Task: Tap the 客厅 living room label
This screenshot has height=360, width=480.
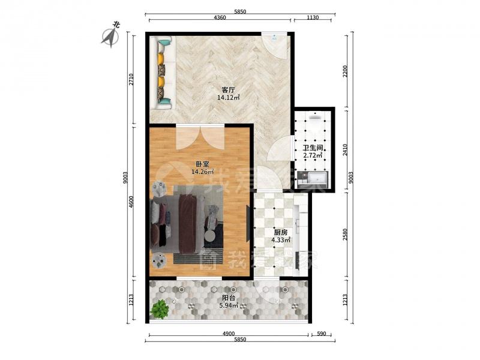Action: coord(228,91)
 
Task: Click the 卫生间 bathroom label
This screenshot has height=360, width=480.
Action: coord(313,148)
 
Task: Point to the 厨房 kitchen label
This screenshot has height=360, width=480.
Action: coord(281,233)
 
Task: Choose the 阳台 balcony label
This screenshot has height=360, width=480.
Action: coord(229,298)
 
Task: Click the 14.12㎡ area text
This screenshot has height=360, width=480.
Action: coord(229,98)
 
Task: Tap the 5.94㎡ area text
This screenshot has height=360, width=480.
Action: coord(229,305)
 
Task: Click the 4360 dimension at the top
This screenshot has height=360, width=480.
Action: coord(220,17)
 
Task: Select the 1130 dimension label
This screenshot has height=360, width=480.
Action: coord(313,17)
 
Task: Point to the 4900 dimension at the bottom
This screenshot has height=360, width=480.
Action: coord(229,334)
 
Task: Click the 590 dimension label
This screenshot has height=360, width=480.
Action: coord(321,334)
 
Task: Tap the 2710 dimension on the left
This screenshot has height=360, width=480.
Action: coord(131,80)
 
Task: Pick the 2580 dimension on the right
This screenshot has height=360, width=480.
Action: coord(345,235)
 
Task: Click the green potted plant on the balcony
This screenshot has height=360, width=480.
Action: coord(159,308)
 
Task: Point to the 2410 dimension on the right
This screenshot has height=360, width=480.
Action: coord(345,150)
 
